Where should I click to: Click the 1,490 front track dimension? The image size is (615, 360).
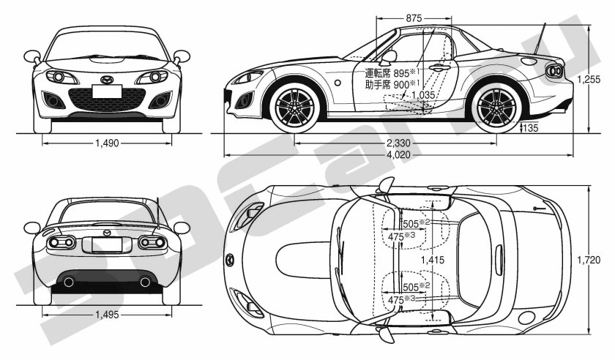coord(107,143)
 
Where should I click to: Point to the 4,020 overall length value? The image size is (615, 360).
coord(398,155)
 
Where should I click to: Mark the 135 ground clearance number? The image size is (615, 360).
coord(531,130)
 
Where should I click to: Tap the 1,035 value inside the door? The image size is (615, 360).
coord(424,94)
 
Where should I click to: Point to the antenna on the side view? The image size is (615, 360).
coord(543,40)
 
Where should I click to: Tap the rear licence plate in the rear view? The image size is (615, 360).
coord(107,245)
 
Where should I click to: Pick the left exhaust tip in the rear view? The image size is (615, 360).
coord(69,282)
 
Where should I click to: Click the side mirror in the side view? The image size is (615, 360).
coord(389,56)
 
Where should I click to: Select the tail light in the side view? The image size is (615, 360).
coord(554,71)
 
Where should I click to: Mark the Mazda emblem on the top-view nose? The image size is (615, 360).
coord(233,260)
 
